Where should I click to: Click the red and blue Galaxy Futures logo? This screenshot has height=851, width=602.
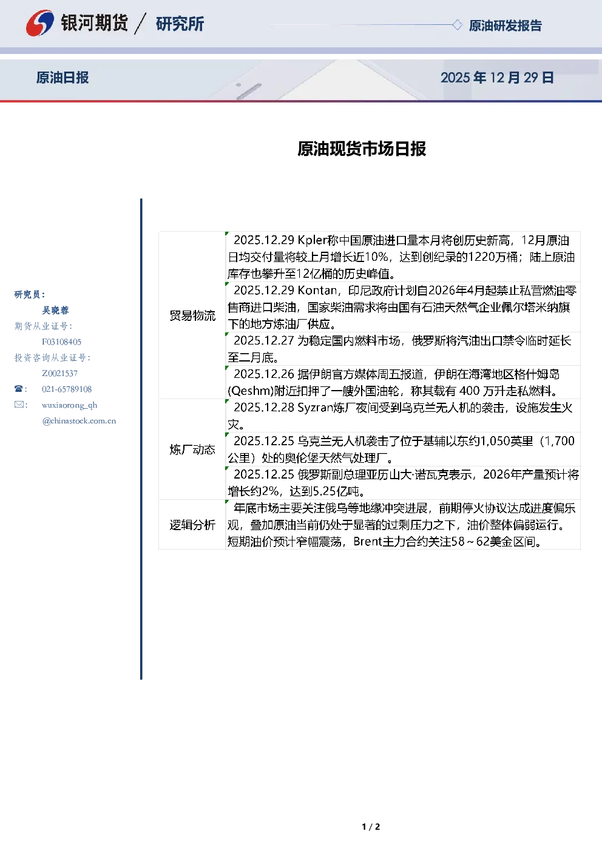pyautogui.click(x=39, y=23)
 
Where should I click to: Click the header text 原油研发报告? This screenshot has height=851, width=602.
pyautogui.click(x=505, y=25)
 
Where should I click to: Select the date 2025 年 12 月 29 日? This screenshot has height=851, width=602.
pyautogui.click(x=497, y=78)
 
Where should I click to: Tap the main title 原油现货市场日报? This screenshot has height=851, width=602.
pyautogui.click(x=362, y=149)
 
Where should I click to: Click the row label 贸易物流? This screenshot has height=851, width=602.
pyautogui.click(x=192, y=315)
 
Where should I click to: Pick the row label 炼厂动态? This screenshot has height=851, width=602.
pyautogui.click(x=192, y=449)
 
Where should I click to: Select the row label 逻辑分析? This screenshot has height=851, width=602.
pyautogui.click(x=192, y=525)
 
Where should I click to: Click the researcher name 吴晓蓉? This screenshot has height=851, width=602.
pyautogui.click(x=55, y=311)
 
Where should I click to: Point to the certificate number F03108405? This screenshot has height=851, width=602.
pyautogui.click(x=61, y=342)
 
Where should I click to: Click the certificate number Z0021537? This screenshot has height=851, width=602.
pyautogui.click(x=59, y=374)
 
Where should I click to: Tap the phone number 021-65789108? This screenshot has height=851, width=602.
pyautogui.click(x=67, y=389)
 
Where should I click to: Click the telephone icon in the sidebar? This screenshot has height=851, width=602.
pyautogui.click(x=18, y=389)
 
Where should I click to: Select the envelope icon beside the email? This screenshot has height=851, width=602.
pyautogui.click(x=19, y=404)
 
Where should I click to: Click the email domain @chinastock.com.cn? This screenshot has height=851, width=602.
pyautogui.click(x=79, y=421)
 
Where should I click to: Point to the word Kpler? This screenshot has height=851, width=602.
pyautogui.click(x=313, y=240)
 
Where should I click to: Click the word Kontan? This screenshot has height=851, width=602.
pyautogui.click(x=317, y=291)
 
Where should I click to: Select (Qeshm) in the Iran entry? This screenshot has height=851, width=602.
pyautogui.click(x=251, y=391)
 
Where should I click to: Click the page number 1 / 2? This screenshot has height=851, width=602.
pyautogui.click(x=371, y=827)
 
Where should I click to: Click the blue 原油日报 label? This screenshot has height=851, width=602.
pyautogui.click(x=63, y=78)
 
